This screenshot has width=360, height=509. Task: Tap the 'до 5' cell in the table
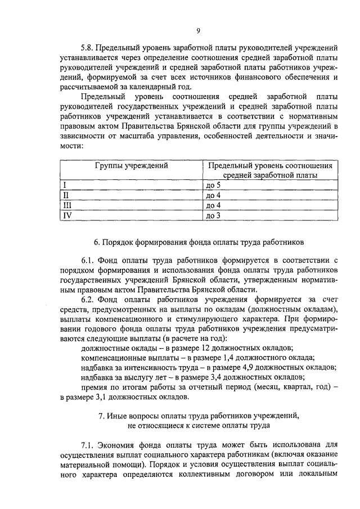pyautogui.click(x=214, y=185)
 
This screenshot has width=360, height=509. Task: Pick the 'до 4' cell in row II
pyautogui.click(x=214, y=195)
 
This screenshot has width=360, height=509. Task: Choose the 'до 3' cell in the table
pyautogui.click(x=214, y=215)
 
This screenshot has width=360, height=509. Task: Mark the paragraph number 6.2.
pyautogui.click(x=89, y=300)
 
